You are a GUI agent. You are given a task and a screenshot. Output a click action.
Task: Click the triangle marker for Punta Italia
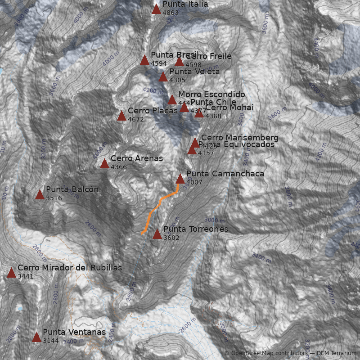click(x=156, y=9)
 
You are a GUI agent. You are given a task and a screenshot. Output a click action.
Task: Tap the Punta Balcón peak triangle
click(x=40, y=195)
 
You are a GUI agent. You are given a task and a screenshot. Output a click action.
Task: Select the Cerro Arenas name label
click(x=136, y=158)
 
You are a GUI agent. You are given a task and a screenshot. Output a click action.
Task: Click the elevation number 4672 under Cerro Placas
click(x=136, y=120)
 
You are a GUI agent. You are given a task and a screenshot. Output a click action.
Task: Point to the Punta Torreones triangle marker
click(x=157, y=234)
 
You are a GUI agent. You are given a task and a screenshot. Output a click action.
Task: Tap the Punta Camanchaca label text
click(x=225, y=174)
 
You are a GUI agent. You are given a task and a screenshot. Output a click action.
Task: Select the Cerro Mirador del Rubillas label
click(x=70, y=268)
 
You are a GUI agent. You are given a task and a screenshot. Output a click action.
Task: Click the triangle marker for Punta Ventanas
click(x=36, y=337)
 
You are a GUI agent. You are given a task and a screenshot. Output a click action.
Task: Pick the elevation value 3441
click(x=26, y=276)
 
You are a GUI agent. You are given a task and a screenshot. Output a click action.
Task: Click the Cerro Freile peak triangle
click(x=179, y=62)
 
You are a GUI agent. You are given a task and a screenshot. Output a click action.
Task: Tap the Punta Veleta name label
click(x=194, y=72)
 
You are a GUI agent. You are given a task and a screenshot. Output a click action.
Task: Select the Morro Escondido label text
click(x=211, y=94)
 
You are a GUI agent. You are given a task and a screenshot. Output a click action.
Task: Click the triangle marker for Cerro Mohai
click(x=199, y=113)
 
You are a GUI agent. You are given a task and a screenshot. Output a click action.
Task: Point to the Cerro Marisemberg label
click(x=239, y=138)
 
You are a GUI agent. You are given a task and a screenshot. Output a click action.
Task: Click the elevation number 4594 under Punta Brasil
click(x=159, y=63)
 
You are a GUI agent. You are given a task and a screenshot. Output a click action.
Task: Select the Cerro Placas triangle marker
click(x=121, y=116)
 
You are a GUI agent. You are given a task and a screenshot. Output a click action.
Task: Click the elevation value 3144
click(x=51, y=341)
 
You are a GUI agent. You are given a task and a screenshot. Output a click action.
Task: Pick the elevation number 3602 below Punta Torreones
click(x=171, y=238)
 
